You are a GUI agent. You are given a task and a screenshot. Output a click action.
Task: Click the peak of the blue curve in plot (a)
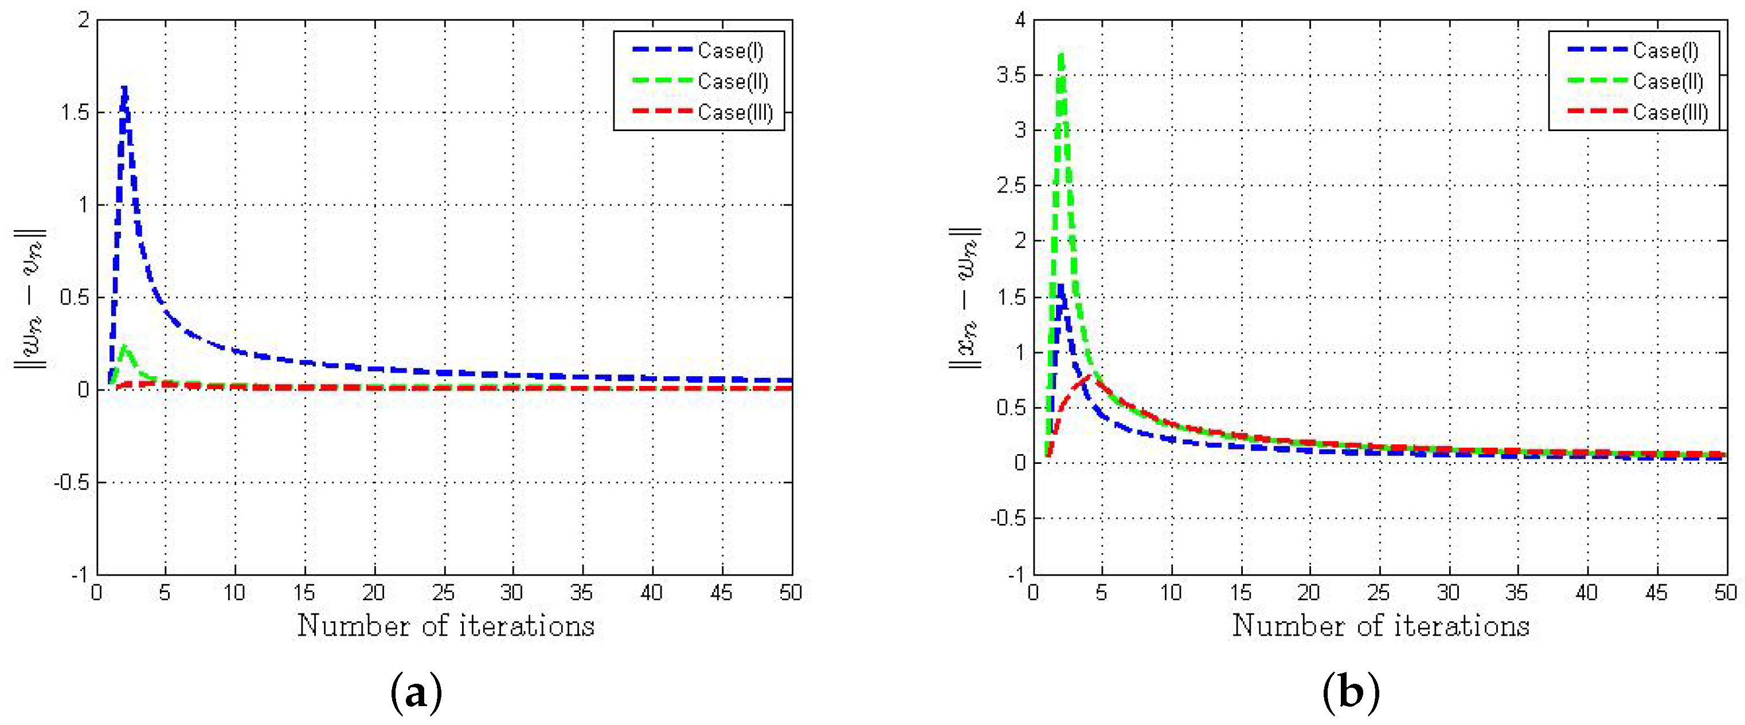click(x=124, y=88)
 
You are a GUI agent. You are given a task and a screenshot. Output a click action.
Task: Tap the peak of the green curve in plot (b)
click(x=1062, y=54)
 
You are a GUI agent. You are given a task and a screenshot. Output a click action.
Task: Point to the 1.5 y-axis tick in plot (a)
click(x=75, y=112)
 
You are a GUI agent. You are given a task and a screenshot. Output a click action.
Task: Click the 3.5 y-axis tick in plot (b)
click(x=1011, y=74)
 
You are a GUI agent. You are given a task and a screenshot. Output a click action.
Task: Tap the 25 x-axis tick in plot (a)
click(x=444, y=593)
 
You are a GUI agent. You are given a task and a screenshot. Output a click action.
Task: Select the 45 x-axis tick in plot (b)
click(x=1656, y=593)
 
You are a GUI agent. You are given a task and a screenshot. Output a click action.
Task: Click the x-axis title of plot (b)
click(x=1380, y=625)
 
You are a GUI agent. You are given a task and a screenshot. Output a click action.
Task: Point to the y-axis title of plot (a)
click(x=30, y=298)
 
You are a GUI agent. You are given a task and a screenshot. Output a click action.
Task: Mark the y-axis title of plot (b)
click(x=965, y=298)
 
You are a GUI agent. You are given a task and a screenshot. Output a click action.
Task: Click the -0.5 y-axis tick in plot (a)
click(x=71, y=482)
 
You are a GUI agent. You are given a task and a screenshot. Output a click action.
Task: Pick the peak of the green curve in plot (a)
click(x=124, y=346)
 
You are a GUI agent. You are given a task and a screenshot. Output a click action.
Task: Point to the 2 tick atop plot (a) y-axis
click(x=83, y=20)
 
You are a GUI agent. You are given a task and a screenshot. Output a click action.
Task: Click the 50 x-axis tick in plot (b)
click(x=1726, y=593)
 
